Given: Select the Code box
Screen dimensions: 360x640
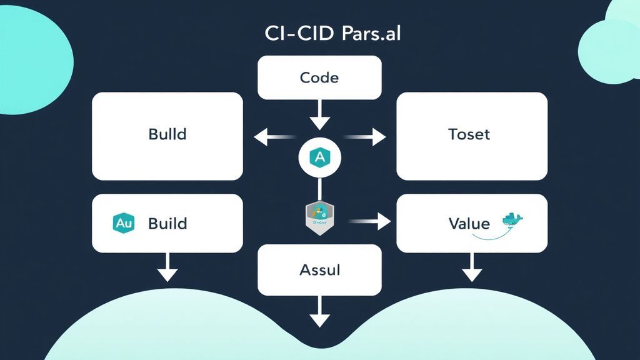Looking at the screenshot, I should tap(319, 77).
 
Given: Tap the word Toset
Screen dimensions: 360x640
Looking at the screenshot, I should tap(469, 134).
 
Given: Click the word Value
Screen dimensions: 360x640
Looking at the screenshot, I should tap(469, 223).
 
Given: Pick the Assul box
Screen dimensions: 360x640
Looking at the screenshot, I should tap(319, 269).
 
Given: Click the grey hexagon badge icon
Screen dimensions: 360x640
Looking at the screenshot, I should tap(319, 219).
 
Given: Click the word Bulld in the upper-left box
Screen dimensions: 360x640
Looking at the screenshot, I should tap(167, 134).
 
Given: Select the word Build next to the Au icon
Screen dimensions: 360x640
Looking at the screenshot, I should tap(167, 223).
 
